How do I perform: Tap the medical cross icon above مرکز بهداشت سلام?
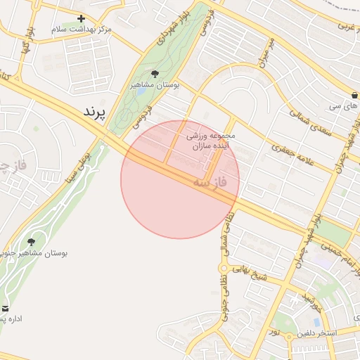tap(82, 19)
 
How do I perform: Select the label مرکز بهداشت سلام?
tap(79, 30)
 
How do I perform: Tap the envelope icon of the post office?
tap(5, 309)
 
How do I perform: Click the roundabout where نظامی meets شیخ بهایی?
tap(224, 268)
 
